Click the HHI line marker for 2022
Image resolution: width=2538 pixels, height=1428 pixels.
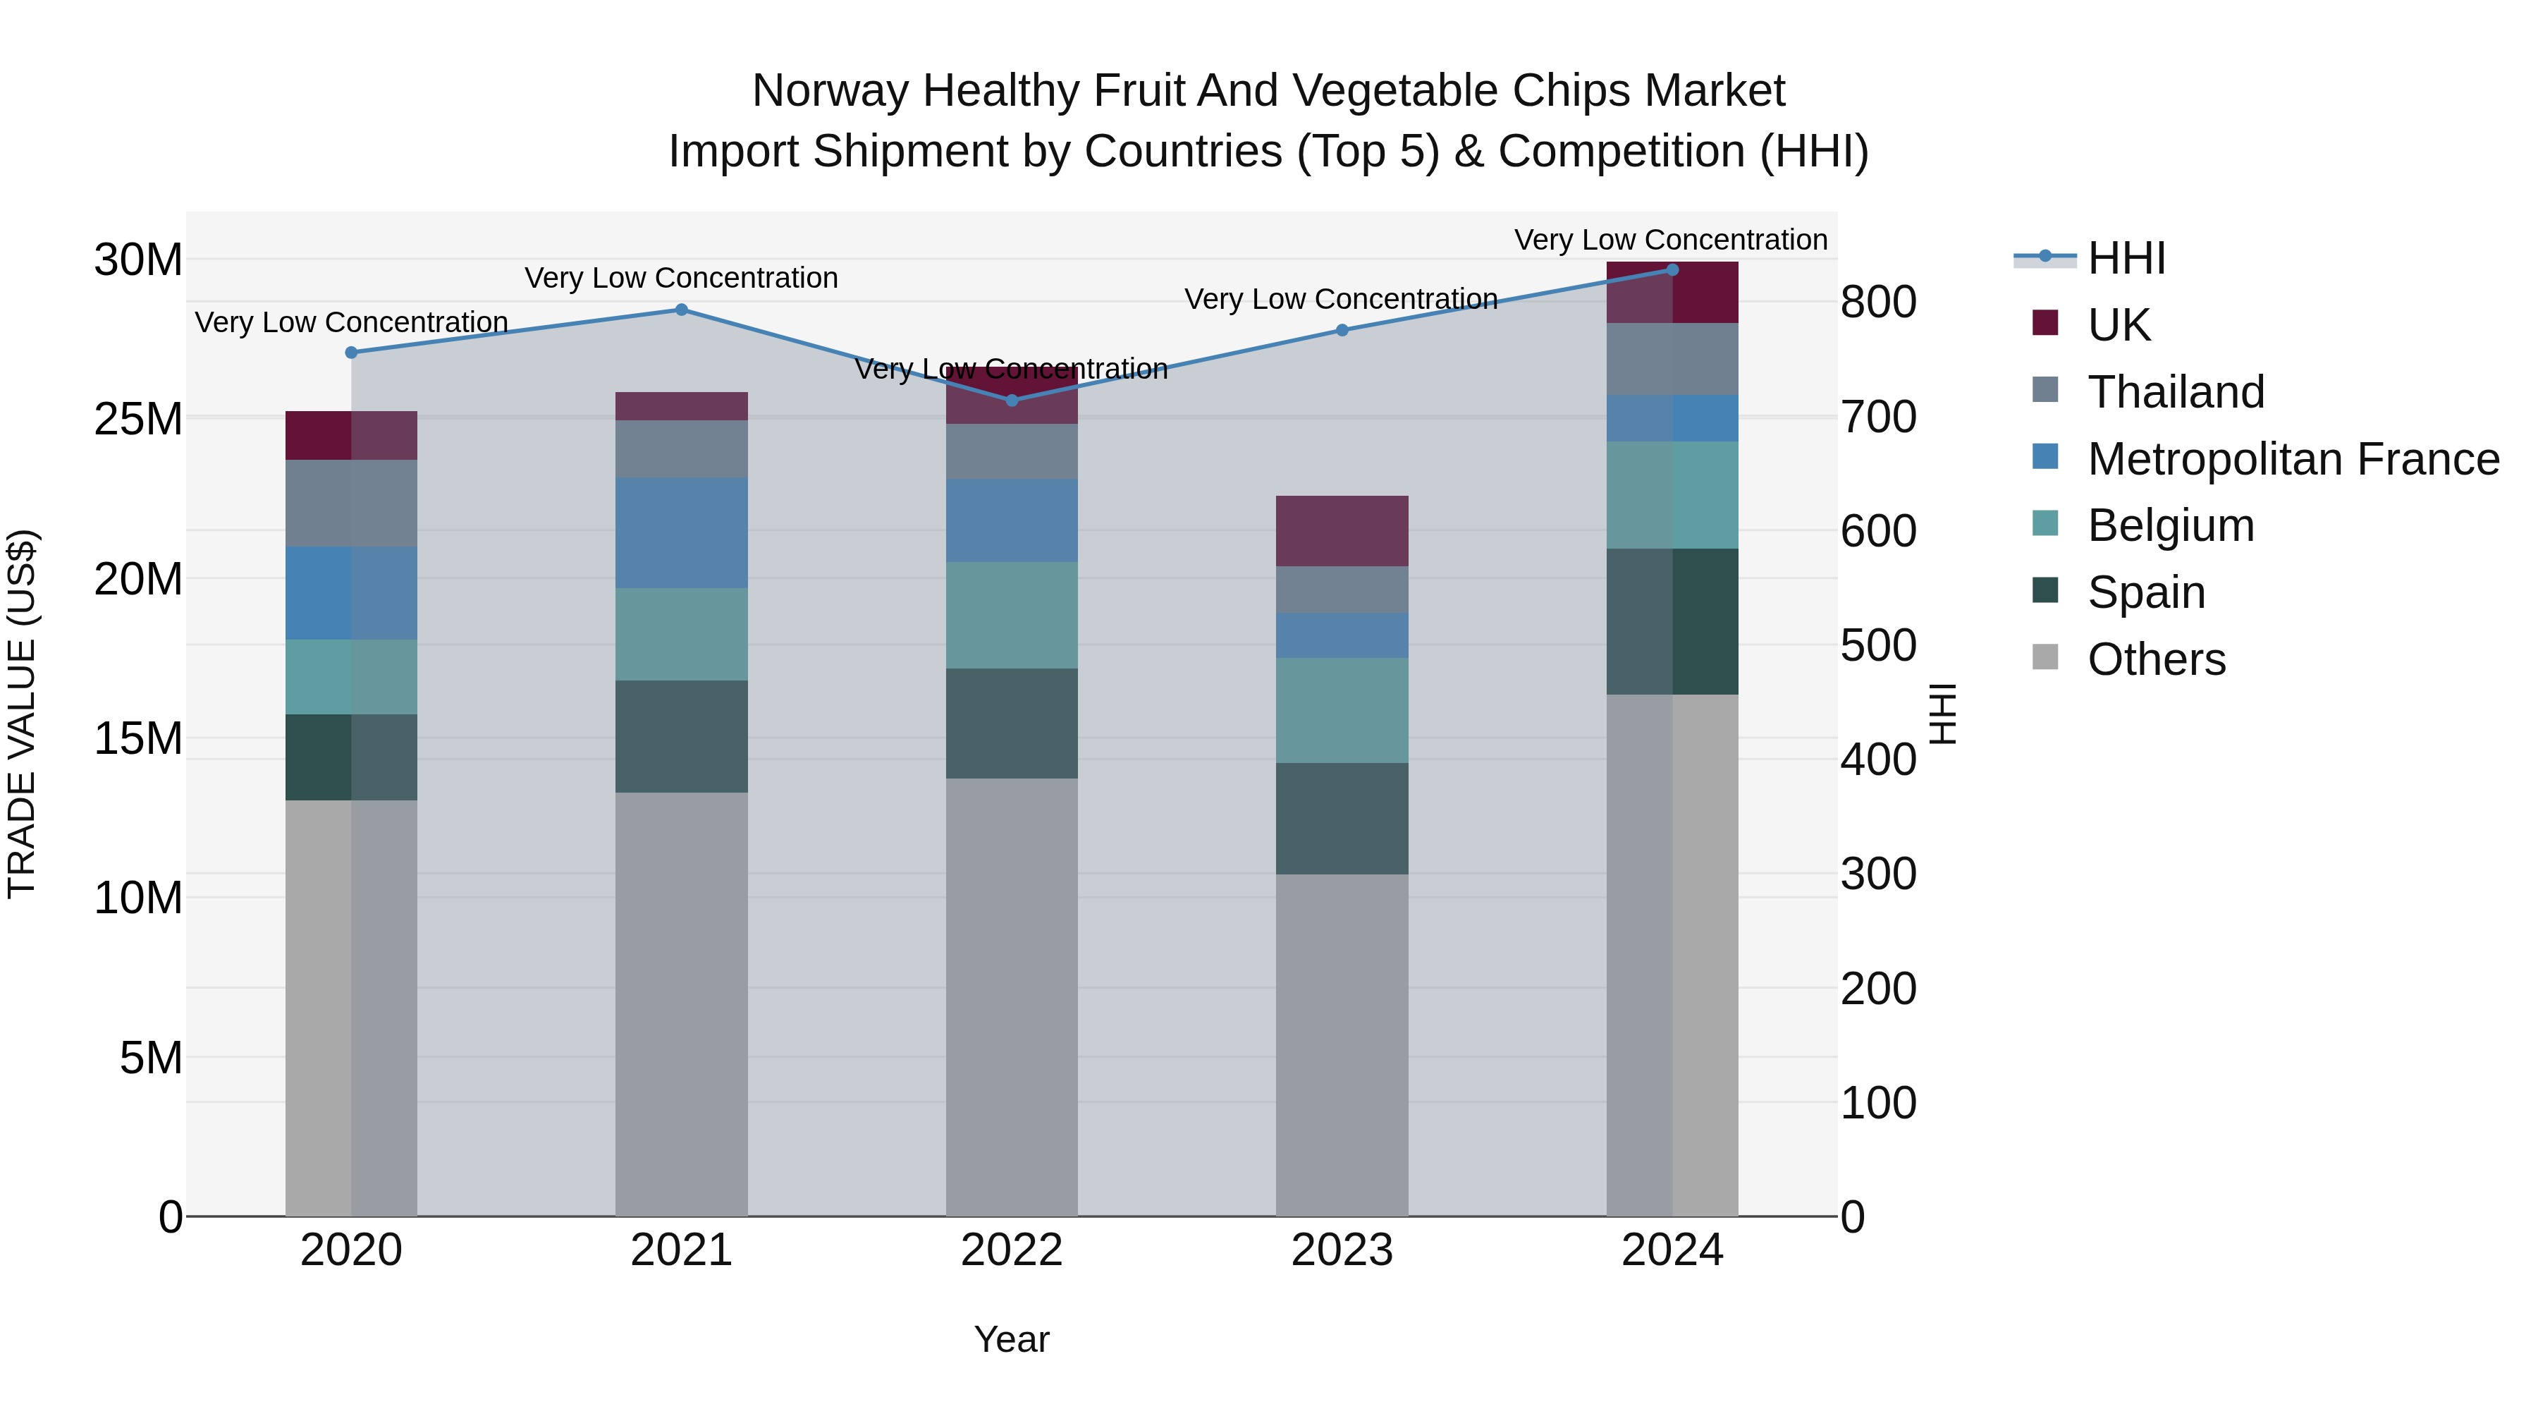click(1011, 400)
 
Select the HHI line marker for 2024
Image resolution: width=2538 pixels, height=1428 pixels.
click(1672, 269)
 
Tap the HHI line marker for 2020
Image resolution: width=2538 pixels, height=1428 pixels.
click(351, 352)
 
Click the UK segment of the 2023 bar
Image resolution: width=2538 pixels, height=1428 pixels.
click(1341, 530)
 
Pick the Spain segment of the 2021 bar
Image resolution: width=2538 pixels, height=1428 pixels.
click(681, 736)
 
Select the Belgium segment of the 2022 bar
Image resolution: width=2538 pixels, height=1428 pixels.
click(1011, 615)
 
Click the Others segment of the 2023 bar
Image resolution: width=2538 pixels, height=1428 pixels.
click(1341, 1044)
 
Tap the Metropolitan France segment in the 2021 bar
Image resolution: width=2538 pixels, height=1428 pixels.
click(681, 532)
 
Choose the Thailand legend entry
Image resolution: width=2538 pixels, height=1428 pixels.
click(2176, 391)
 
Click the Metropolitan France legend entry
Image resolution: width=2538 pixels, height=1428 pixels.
click(2293, 458)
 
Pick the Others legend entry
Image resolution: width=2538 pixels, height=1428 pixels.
click(2156, 659)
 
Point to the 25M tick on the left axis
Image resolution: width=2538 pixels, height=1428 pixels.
click(138, 419)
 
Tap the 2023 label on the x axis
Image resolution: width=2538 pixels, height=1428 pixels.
click(1341, 1250)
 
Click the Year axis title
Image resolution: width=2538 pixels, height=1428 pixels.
click(1011, 1339)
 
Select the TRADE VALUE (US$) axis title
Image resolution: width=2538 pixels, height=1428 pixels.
click(22, 714)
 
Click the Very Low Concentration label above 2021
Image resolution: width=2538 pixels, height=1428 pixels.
click(681, 278)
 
